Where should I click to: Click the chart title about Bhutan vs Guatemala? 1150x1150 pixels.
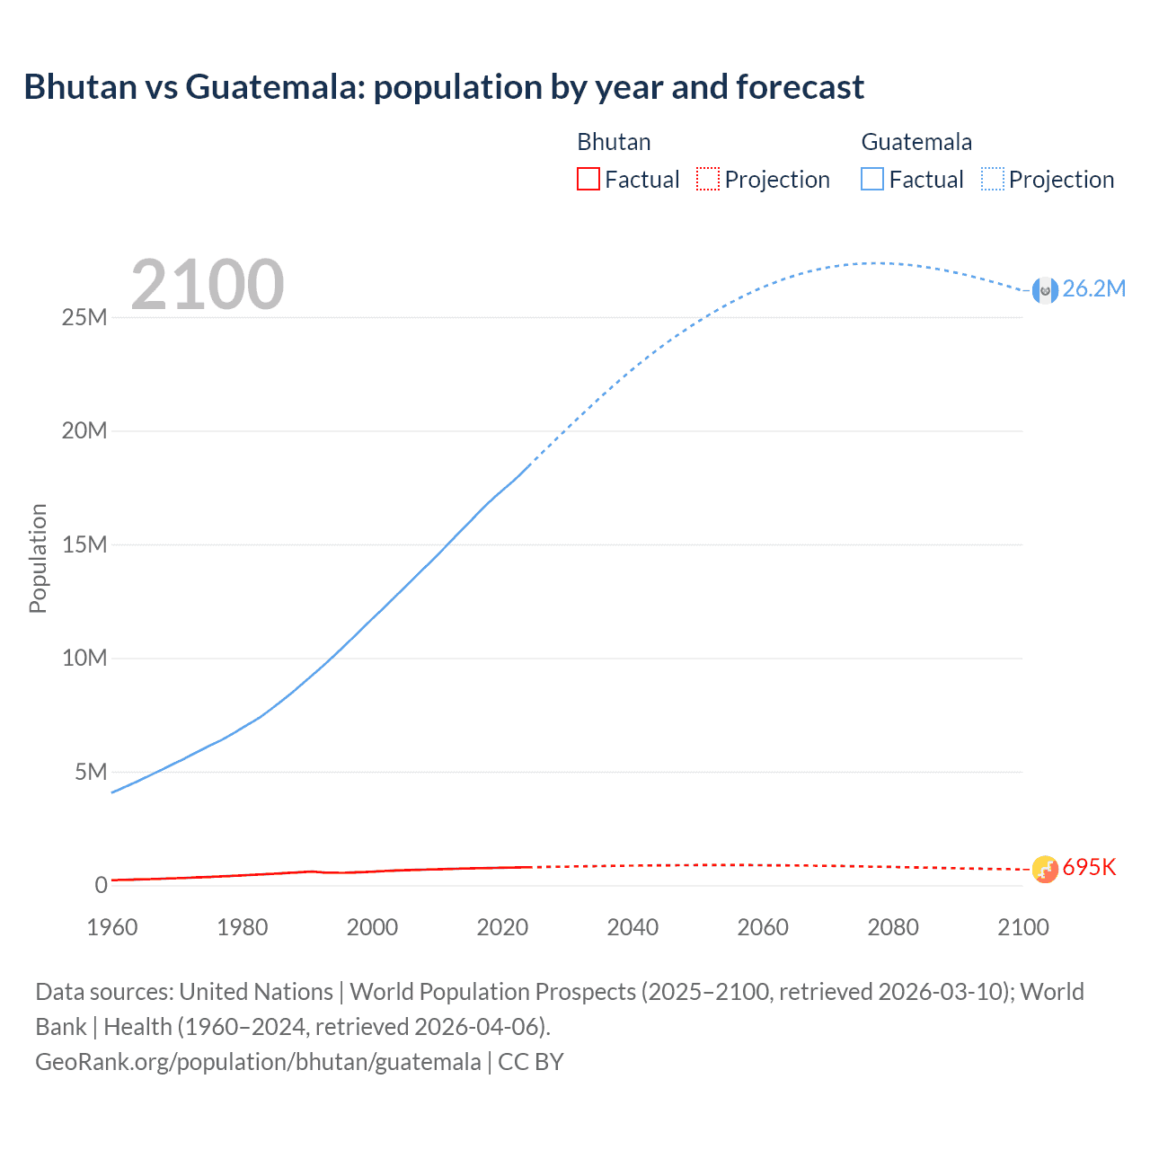pos(444,87)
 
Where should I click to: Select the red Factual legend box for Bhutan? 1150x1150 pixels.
pos(588,179)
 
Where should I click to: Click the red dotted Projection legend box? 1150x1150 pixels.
pos(708,179)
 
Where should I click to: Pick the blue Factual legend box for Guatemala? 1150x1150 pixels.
pos(871,179)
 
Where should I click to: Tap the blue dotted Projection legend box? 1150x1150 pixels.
pos(992,179)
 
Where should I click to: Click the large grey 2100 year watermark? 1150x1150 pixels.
pos(208,285)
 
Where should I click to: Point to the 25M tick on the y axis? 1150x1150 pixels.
pos(84,317)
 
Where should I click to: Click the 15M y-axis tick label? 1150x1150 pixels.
pos(84,544)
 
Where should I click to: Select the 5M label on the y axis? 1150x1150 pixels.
pos(90,772)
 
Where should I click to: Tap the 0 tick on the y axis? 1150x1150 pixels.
pos(101,885)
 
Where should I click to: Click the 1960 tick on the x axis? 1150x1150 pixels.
pos(112,927)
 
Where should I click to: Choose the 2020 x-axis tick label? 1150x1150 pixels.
pos(502,927)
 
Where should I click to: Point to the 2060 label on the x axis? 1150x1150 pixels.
pos(763,927)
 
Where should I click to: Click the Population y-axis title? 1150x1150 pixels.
pos(38,558)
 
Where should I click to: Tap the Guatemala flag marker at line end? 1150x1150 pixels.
pos(1045,290)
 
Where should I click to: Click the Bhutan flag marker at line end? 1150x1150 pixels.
pos(1045,869)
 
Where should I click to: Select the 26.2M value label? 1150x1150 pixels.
pos(1093,288)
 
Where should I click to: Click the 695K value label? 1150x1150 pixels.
pos(1089,867)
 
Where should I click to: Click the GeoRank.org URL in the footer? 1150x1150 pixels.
pos(258,1061)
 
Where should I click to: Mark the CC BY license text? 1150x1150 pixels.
pos(531,1061)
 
